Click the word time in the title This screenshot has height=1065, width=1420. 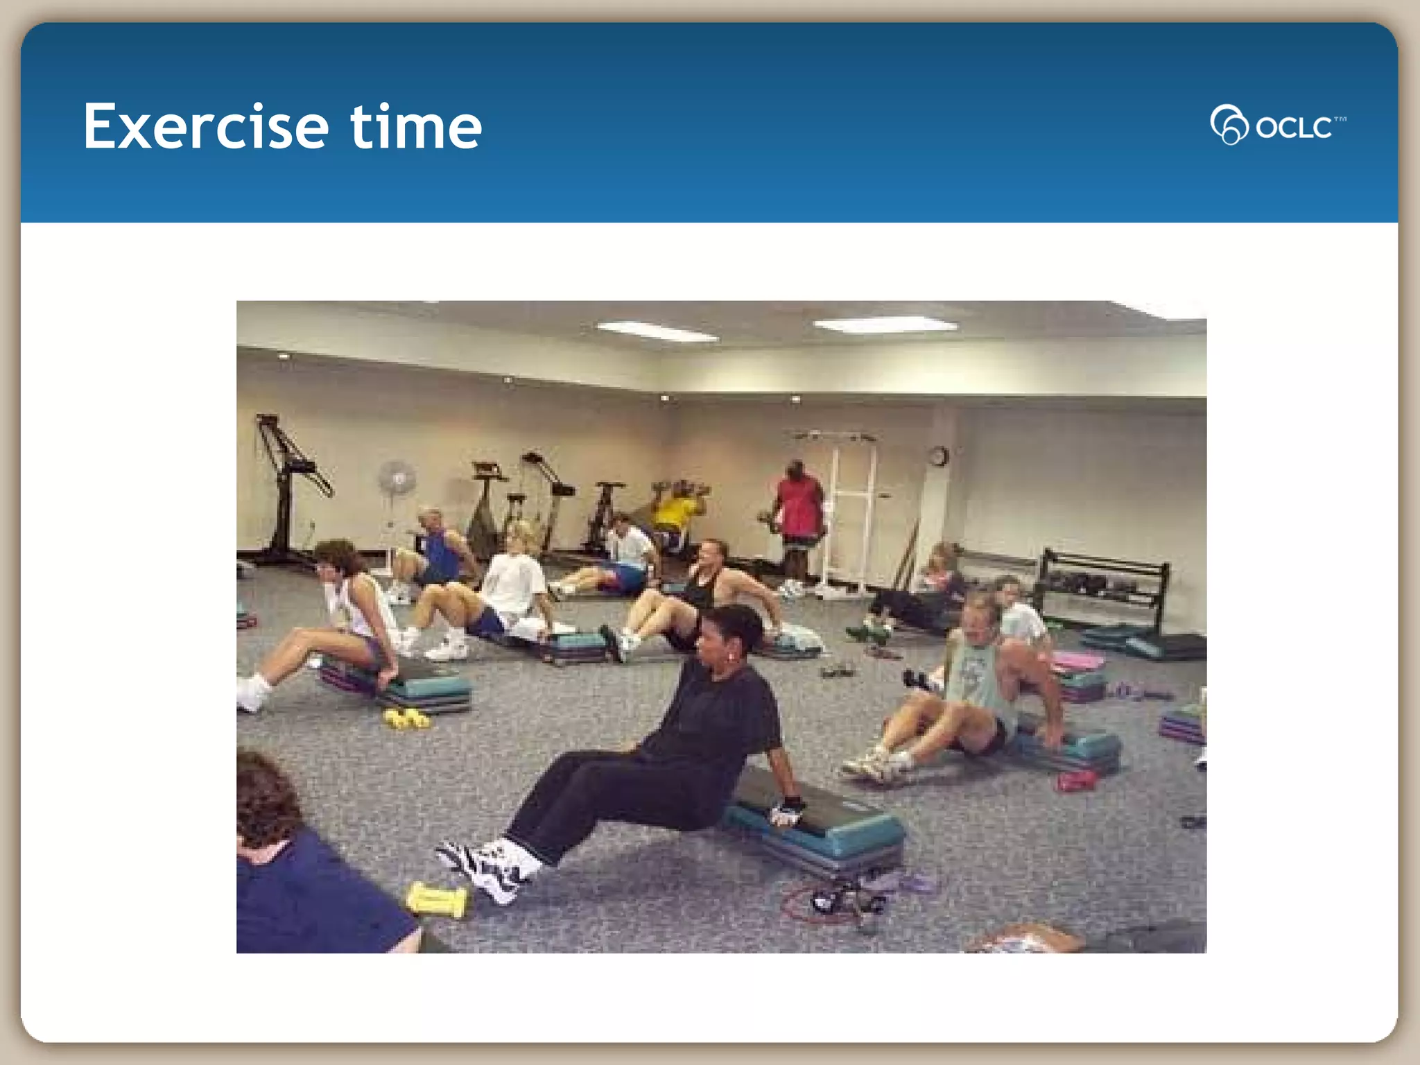415,127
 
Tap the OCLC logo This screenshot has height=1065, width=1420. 1277,125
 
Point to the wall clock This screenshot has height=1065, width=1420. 938,456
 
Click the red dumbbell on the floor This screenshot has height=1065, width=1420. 1075,782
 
